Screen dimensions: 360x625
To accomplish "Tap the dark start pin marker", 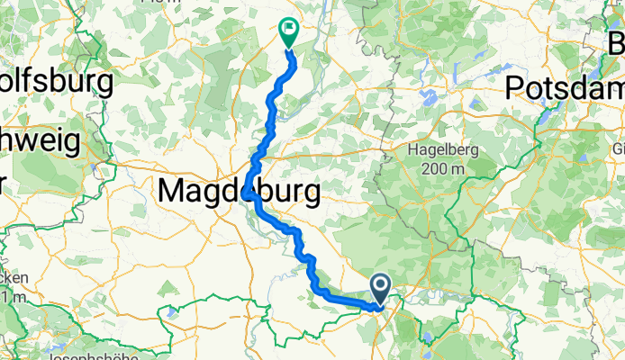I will (x=380, y=288).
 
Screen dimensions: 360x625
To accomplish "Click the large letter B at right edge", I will (x=616, y=43).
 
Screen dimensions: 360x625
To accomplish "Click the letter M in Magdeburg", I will (x=172, y=191).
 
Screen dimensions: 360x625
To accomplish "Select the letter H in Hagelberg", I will (x=415, y=150).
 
